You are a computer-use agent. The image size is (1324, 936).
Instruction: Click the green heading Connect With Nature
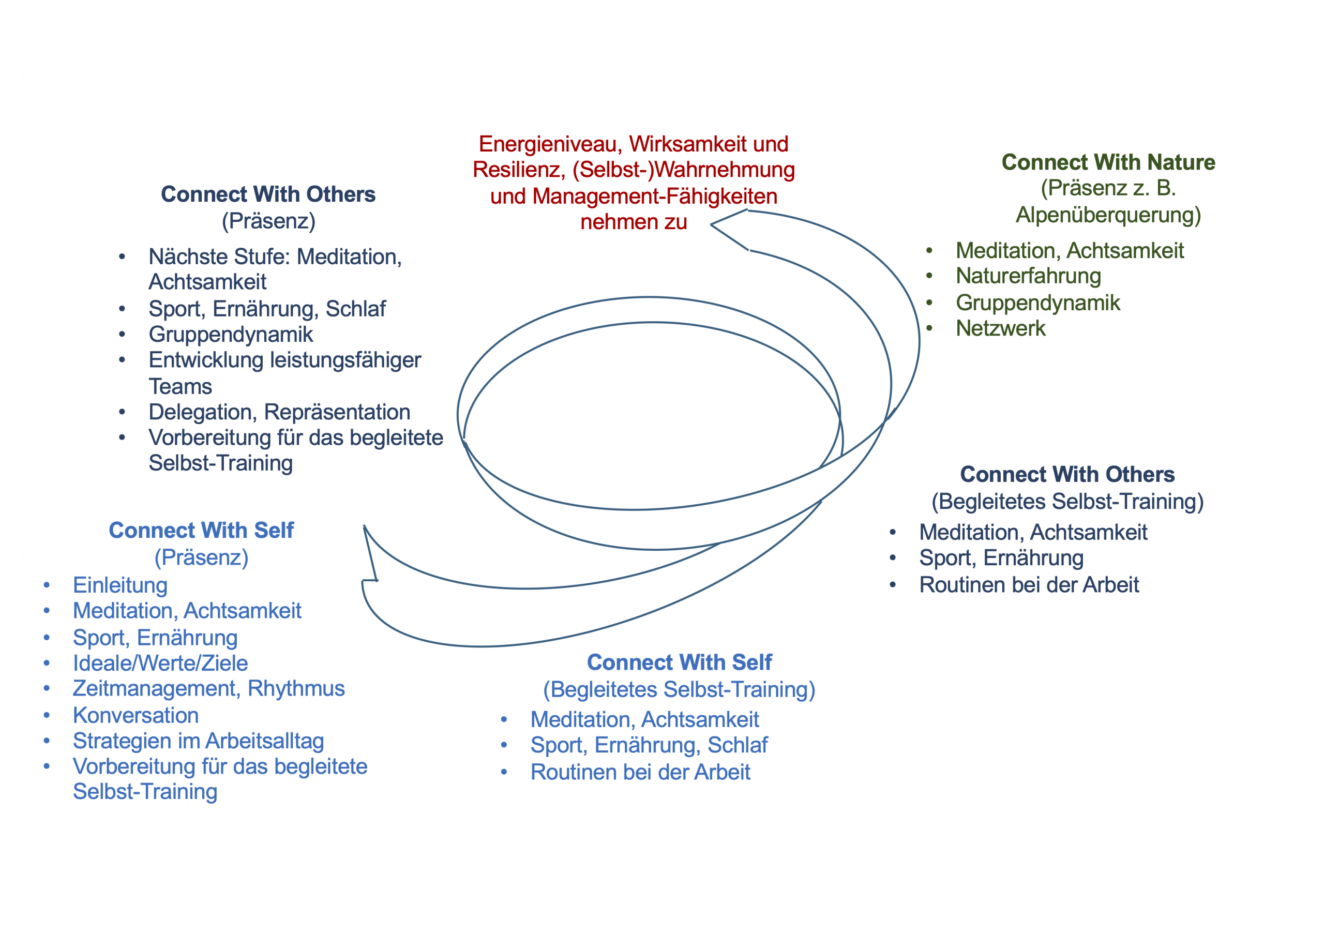click(x=1108, y=162)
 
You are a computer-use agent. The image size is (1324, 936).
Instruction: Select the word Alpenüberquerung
click(x=1108, y=215)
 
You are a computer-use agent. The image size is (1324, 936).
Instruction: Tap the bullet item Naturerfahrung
click(x=1028, y=276)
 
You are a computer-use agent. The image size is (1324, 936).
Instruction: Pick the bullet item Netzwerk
click(x=1000, y=328)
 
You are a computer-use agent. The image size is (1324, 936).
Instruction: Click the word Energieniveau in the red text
click(x=550, y=144)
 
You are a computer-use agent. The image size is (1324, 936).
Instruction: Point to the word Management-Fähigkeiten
click(x=655, y=197)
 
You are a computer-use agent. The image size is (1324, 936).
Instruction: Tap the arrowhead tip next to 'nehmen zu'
click(x=712, y=224)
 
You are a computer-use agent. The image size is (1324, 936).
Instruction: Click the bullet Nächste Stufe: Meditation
click(x=275, y=256)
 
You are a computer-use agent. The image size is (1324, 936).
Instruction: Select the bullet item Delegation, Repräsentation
click(x=279, y=412)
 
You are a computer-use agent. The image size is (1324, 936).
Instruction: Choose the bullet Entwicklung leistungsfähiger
click(x=285, y=360)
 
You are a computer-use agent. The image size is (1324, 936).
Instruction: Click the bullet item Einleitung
click(x=120, y=585)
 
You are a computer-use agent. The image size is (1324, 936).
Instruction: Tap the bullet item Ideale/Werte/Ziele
click(x=160, y=663)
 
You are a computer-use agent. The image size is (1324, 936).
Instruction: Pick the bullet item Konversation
click(x=136, y=716)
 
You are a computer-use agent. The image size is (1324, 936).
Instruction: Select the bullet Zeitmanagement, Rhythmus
click(x=209, y=689)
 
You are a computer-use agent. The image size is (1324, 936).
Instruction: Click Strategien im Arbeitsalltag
click(x=199, y=741)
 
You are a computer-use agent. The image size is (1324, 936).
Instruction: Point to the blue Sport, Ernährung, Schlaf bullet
click(x=649, y=745)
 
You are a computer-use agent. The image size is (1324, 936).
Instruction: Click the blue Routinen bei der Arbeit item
click(x=640, y=772)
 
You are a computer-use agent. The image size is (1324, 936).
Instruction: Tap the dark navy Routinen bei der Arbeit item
click(x=1029, y=585)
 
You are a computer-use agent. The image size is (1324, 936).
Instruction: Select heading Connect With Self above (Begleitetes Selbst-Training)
click(x=679, y=662)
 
